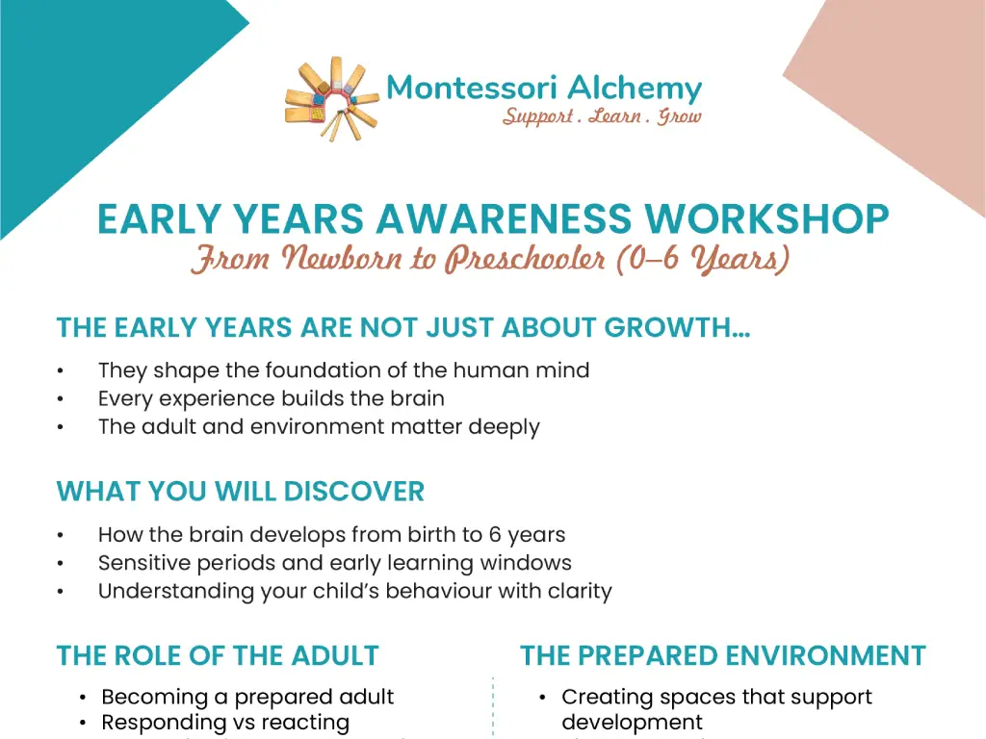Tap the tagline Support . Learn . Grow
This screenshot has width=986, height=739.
602,117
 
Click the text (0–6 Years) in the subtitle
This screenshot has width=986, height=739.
703,259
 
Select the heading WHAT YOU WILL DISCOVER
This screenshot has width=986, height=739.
240,492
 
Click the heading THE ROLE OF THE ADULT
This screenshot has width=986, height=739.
218,656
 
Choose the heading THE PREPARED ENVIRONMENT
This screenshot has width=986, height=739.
723,656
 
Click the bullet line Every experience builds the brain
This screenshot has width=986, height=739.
271,398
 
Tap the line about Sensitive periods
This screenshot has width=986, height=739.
334,563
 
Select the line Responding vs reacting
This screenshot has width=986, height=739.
225,722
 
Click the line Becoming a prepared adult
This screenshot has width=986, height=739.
247,697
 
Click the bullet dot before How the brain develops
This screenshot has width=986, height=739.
61,535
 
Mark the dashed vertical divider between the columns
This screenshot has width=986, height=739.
493,707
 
